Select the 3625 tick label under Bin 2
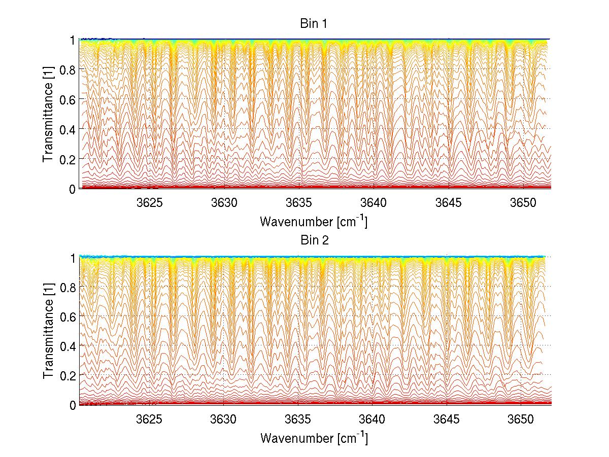[150, 420]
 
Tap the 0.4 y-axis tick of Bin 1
[69, 129]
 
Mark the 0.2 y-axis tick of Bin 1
[69, 159]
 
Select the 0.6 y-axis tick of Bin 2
[69, 316]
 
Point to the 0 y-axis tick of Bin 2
[73, 405]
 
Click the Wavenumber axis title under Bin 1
[314, 221]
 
